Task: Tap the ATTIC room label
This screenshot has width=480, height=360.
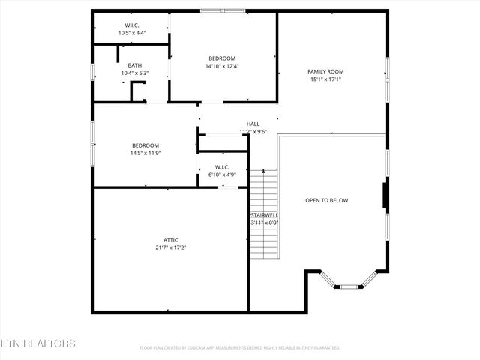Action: click(170, 239)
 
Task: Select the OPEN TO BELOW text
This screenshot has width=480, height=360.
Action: click(326, 200)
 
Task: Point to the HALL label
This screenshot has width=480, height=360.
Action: click(253, 124)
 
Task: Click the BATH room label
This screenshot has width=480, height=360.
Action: click(135, 65)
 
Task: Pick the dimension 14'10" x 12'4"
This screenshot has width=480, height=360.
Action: click(222, 66)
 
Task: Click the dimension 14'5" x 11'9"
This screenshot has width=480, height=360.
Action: click(145, 153)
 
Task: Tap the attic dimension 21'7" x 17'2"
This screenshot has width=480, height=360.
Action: click(170, 247)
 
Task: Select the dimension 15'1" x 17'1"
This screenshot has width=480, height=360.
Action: click(325, 79)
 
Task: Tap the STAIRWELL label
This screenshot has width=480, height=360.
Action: click(264, 215)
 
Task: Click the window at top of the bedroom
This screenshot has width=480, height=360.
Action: click(222, 10)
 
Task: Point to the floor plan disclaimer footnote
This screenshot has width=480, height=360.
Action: click(240, 348)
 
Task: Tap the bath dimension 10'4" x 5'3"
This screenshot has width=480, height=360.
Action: click(135, 73)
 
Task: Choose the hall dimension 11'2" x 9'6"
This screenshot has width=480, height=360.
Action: click(253, 131)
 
